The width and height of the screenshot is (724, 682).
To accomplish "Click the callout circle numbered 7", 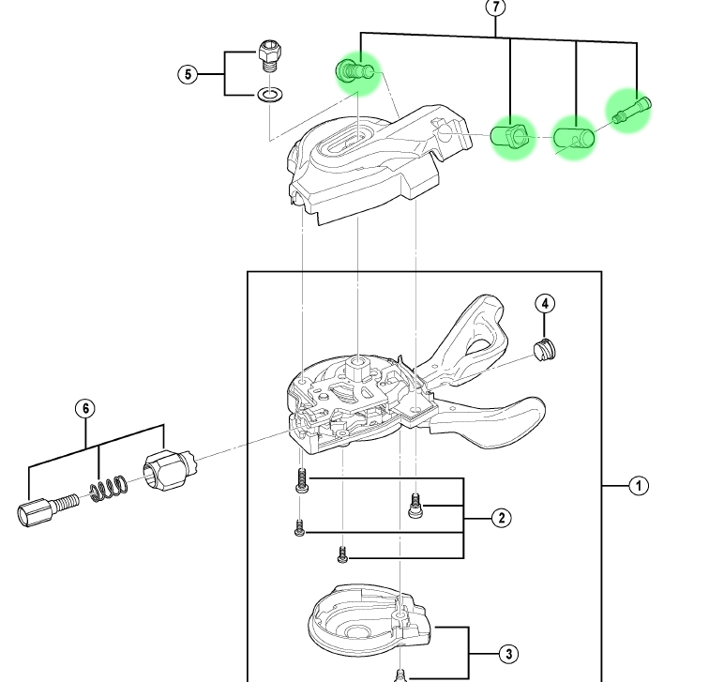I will click(496, 8).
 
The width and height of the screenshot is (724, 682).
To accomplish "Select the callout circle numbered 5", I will click(189, 74).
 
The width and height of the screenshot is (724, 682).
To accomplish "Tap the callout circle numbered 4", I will click(546, 304).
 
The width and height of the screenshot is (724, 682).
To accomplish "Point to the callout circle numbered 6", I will click(85, 408).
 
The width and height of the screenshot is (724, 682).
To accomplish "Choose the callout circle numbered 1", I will click(638, 486).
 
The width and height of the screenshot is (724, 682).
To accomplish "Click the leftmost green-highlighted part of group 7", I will click(354, 71).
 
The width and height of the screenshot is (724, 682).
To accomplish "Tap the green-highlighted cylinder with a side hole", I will click(574, 139).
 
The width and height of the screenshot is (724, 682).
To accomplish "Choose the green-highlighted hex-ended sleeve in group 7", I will click(511, 137).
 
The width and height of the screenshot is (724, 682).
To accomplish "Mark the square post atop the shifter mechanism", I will click(359, 363).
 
